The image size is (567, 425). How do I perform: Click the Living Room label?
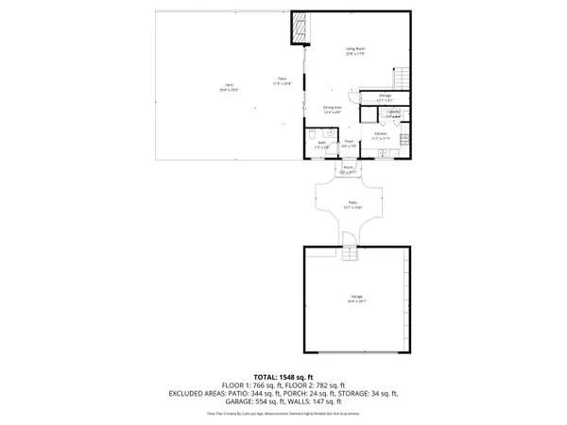pos(354,50)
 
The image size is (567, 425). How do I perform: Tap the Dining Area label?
pos(332,109)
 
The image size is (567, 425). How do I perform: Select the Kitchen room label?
pos(380,134)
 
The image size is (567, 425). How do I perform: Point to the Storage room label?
pos(385,97)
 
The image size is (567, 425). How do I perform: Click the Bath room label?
pos(321,144)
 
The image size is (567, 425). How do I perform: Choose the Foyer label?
pos(349,144)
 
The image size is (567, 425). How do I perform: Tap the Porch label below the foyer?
pos(349,171)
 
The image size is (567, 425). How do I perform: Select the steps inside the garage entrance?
pos(353,255)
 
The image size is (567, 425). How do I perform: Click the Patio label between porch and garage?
pos(353,205)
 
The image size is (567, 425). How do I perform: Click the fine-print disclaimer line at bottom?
pos(283,414)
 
